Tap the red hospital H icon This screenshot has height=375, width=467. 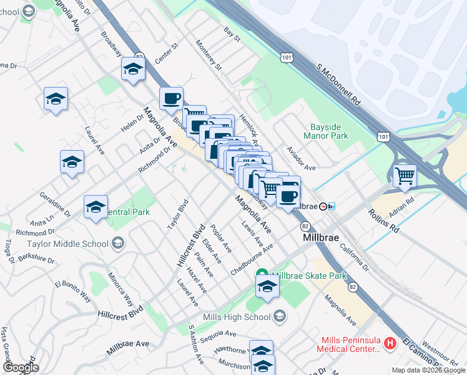[390, 343]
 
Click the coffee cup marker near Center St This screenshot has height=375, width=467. [171, 98]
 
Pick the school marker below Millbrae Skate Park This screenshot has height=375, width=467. [267, 287]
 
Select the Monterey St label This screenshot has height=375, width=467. [209, 56]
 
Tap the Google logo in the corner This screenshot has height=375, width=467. [21, 367]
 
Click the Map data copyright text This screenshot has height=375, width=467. [428, 370]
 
